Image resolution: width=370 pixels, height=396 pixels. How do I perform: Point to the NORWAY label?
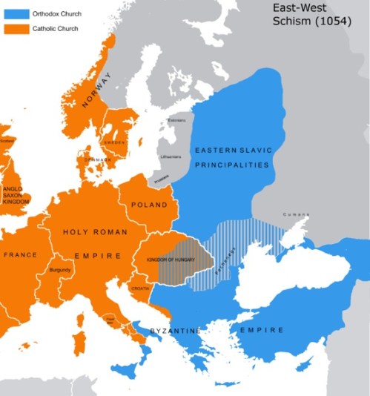pyautogui.click(x=95, y=90)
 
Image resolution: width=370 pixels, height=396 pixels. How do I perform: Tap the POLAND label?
pyautogui.click(x=148, y=205)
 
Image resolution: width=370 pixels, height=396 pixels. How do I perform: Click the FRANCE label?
pyautogui.click(x=20, y=254)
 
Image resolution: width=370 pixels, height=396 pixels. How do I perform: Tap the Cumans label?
pyautogui.click(x=294, y=214)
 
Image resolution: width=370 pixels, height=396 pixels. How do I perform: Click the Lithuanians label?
pyautogui.click(x=170, y=156)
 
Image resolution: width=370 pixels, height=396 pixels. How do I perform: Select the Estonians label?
pyautogui.click(x=177, y=120)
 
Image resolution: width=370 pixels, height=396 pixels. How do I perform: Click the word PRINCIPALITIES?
pyautogui.click(x=233, y=165)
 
